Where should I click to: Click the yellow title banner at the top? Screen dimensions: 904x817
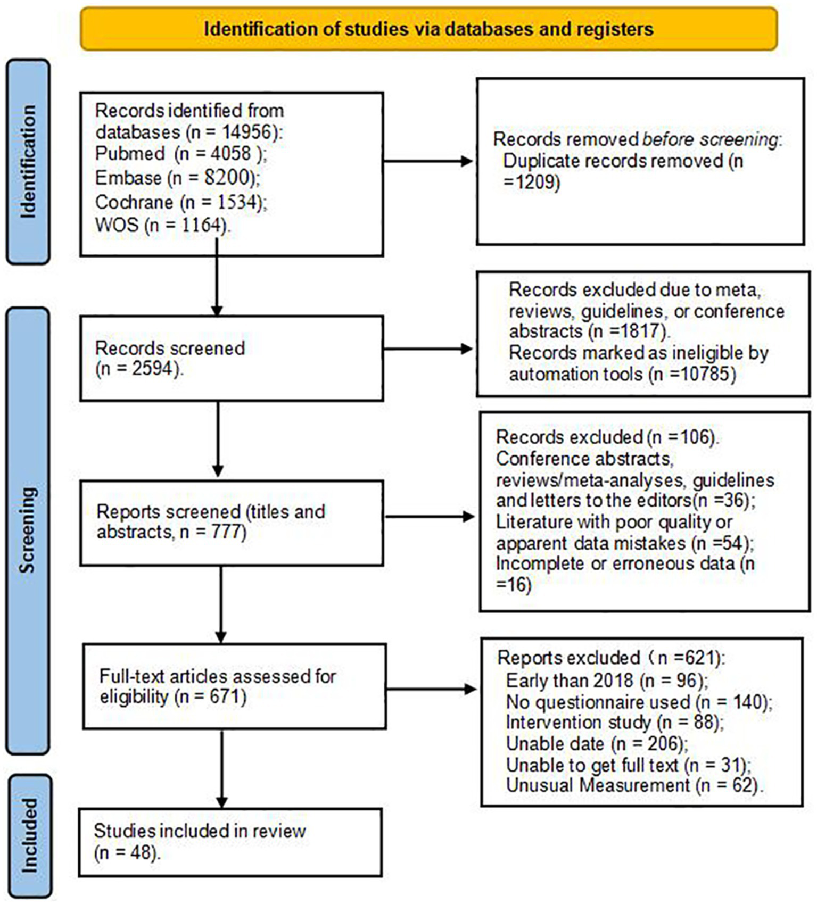(x=428, y=29)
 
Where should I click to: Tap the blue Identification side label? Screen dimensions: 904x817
(x=28, y=161)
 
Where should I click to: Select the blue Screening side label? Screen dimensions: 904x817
(x=28, y=530)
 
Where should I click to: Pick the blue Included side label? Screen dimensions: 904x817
(x=29, y=835)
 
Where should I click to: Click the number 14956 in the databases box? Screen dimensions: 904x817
(x=250, y=132)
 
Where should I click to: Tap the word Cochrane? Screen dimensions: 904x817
(x=134, y=202)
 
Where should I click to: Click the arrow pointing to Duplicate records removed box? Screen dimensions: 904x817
(x=428, y=161)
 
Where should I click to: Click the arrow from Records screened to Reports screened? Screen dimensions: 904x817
(x=218, y=439)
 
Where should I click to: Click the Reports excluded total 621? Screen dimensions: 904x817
(x=700, y=658)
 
